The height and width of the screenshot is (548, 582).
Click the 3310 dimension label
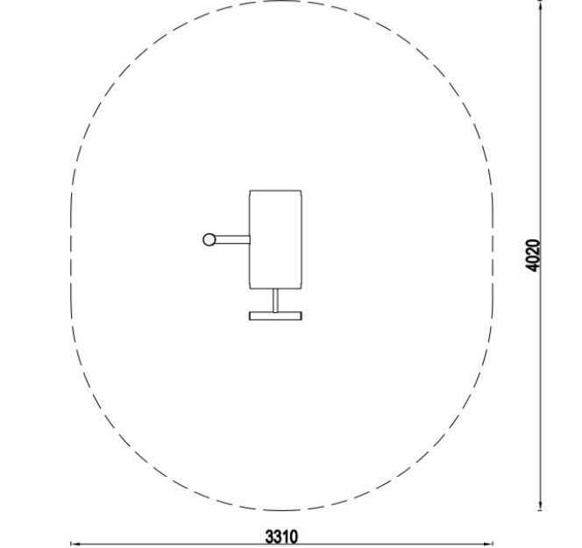281,537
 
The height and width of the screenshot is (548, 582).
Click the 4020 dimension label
533,256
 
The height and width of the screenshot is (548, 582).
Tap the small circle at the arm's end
209,240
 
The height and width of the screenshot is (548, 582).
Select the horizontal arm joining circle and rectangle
233,240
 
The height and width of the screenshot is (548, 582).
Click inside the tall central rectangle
275,239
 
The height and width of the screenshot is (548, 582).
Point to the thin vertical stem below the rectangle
275,301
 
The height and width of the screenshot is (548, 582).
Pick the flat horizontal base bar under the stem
275,316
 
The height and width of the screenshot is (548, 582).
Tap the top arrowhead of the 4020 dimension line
541,4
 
